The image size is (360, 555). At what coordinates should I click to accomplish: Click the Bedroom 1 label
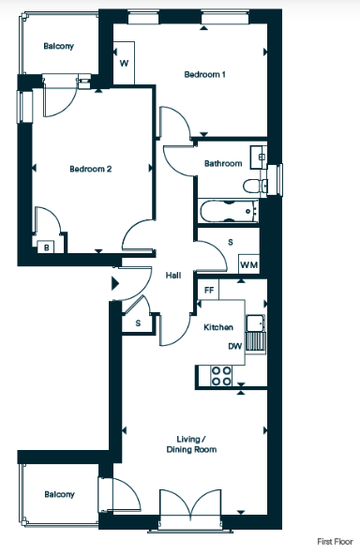click(x=204, y=74)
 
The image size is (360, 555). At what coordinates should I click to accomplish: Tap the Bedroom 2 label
click(x=91, y=169)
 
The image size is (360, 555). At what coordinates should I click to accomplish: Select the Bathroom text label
click(x=223, y=163)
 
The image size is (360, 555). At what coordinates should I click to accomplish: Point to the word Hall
click(x=173, y=275)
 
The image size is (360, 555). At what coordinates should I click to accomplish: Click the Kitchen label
click(x=218, y=327)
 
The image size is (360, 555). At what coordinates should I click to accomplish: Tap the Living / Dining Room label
click(x=191, y=444)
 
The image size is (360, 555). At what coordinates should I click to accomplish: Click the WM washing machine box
click(x=248, y=264)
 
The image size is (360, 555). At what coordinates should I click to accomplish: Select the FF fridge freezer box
click(x=209, y=290)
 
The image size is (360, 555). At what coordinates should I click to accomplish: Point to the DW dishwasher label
click(x=235, y=346)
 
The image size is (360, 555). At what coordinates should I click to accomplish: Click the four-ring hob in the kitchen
click(x=221, y=376)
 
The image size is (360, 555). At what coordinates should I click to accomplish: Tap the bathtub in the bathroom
click(x=229, y=211)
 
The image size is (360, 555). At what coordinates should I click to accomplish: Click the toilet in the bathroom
click(x=254, y=186)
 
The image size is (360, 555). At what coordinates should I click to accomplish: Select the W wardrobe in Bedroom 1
click(x=124, y=63)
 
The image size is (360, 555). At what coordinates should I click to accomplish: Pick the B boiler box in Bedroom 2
click(x=46, y=247)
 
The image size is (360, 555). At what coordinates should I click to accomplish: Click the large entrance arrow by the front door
click(x=115, y=283)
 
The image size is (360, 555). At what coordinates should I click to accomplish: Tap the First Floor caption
click(x=335, y=541)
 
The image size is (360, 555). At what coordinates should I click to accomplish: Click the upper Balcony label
click(x=59, y=46)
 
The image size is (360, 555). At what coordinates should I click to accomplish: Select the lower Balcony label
click(x=59, y=494)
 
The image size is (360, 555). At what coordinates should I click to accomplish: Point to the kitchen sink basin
click(x=256, y=322)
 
